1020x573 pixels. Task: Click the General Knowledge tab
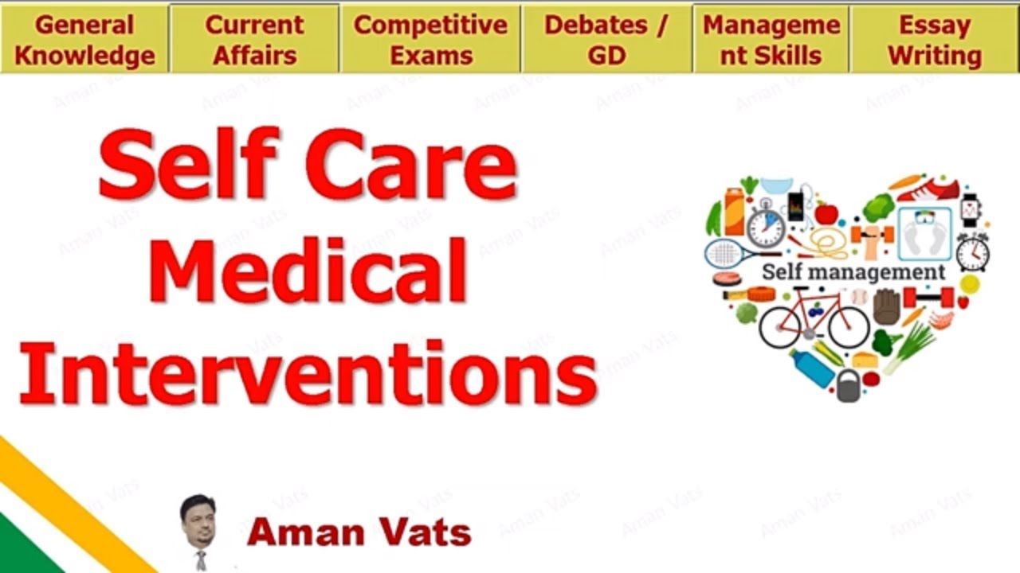(x=84, y=39)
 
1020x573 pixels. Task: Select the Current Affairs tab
(x=255, y=39)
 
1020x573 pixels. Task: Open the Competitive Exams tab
(x=430, y=39)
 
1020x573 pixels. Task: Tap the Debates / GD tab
(x=606, y=39)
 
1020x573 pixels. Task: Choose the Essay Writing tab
(x=935, y=39)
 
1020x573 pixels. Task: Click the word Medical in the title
(x=307, y=271)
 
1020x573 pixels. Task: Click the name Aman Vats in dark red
(x=359, y=532)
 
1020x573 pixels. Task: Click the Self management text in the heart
(x=853, y=272)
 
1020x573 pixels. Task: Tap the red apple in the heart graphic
(x=826, y=213)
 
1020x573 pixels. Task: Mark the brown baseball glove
(x=886, y=306)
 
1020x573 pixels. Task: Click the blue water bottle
(x=811, y=368)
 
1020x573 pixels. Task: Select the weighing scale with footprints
(x=924, y=234)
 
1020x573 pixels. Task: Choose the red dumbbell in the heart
(x=928, y=298)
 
